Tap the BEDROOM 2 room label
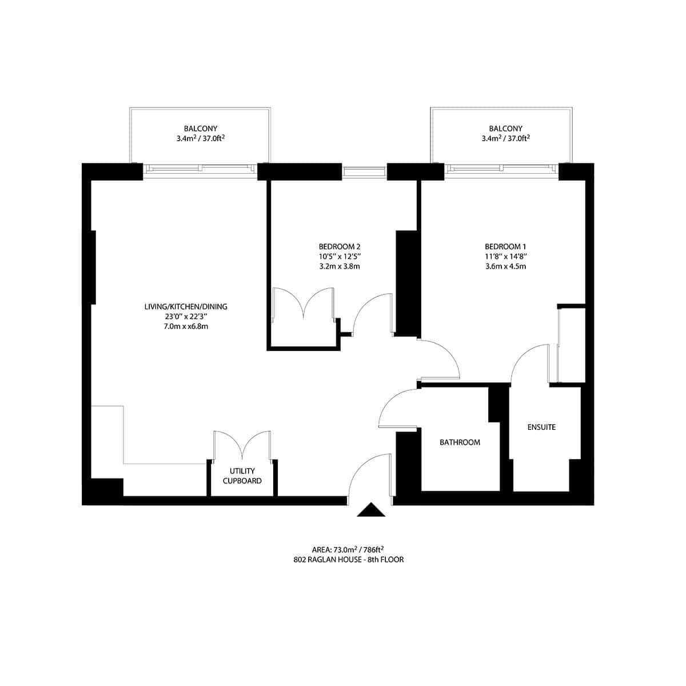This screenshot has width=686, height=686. click(340, 246)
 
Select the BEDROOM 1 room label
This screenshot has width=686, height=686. click(505, 246)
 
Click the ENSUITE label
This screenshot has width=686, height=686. click(541, 427)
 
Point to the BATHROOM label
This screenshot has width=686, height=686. click(460, 442)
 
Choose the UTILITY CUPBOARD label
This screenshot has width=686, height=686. click(242, 476)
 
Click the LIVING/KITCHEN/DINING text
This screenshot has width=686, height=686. click(186, 307)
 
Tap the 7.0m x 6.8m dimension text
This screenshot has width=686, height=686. click(186, 326)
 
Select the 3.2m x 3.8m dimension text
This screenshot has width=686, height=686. click(340, 266)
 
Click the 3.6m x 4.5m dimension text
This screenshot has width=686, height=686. click(505, 266)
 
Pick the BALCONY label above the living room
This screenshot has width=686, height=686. click(200, 129)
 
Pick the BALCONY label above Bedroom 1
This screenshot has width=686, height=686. click(505, 129)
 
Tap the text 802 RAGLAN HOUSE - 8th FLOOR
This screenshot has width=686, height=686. click(348, 560)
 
